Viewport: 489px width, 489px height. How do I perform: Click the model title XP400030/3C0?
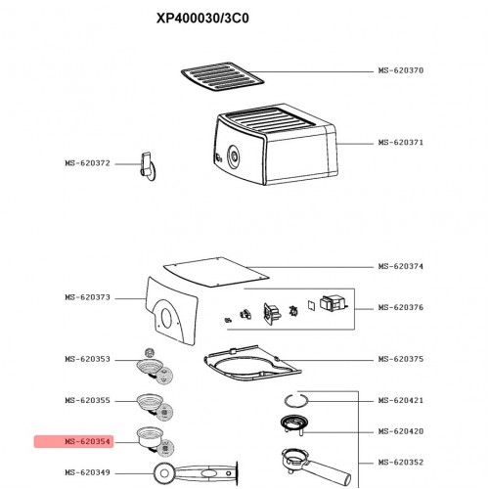click(x=202, y=18)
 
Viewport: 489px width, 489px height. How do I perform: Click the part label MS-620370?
click(x=401, y=70)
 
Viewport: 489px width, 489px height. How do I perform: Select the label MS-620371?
click(x=401, y=143)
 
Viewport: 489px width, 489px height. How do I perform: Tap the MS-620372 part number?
click(x=87, y=163)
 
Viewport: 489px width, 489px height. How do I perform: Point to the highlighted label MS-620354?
click(x=87, y=442)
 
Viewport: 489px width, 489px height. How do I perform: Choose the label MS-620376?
click(x=401, y=307)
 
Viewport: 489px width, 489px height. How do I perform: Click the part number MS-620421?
click(x=401, y=400)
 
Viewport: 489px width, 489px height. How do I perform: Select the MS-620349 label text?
click(x=87, y=472)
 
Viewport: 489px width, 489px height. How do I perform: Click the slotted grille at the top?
click(x=222, y=76)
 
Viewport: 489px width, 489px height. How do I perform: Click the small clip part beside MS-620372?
click(x=149, y=166)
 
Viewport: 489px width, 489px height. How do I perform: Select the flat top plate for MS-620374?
click(x=216, y=272)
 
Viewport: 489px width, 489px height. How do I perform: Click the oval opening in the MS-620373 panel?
click(x=166, y=318)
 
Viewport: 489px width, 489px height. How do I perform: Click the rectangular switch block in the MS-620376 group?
click(x=333, y=303)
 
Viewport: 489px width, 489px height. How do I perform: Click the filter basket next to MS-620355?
click(x=150, y=402)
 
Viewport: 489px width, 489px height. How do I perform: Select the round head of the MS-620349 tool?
click(x=164, y=473)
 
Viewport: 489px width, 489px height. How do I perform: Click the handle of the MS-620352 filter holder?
click(x=330, y=471)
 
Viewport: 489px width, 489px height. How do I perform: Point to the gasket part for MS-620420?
click(x=294, y=422)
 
